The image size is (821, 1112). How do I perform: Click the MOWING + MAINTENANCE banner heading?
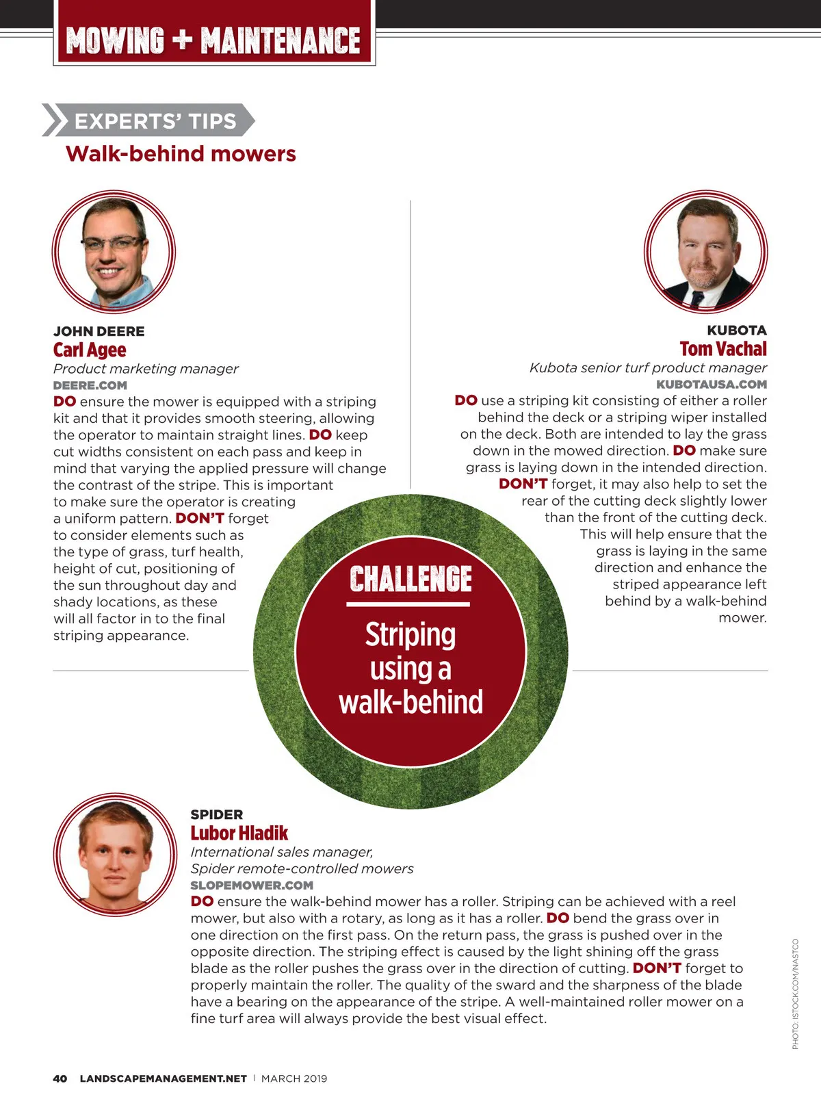tap(213, 40)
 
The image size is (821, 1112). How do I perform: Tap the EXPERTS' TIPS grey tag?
tap(155, 121)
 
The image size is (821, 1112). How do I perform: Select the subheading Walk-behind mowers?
tap(181, 154)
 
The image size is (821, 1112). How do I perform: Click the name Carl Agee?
tap(90, 350)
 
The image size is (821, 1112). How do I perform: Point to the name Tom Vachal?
tap(723, 349)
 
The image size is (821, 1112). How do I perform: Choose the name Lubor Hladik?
tap(239, 833)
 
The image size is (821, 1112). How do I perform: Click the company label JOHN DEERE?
tap(99, 331)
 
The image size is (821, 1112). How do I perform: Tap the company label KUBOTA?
tap(736, 331)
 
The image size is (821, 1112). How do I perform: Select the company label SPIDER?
tap(216, 814)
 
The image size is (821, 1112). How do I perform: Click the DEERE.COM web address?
tap(90, 385)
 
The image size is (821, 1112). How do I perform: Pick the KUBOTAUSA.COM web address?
tap(712, 385)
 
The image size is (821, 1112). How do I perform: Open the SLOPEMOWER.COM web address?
tap(251, 885)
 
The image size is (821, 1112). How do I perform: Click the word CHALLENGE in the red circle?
tap(410, 579)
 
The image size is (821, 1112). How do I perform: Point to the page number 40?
tap(60, 1078)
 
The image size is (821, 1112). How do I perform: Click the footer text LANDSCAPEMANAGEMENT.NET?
tap(163, 1078)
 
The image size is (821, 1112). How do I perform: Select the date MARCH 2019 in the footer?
tap(294, 1078)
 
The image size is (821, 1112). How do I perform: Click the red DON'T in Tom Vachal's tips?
tap(523, 484)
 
